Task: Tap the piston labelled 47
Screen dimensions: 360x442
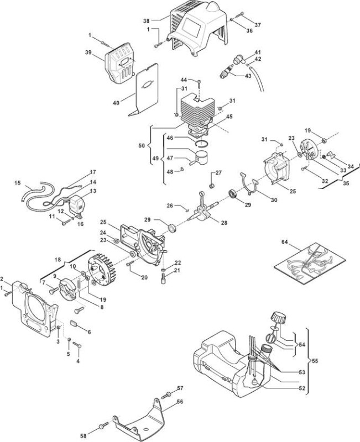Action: pyautogui.click(x=202, y=156)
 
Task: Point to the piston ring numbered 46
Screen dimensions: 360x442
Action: pyautogui.click(x=202, y=143)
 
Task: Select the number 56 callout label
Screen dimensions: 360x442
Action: pyautogui.click(x=180, y=402)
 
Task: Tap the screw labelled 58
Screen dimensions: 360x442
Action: pyautogui.click(x=103, y=425)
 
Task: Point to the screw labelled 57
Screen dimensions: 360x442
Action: pyautogui.click(x=166, y=395)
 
